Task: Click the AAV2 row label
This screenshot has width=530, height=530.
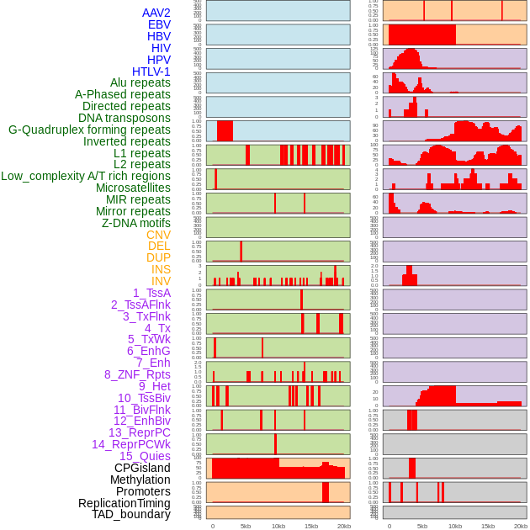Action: [156, 13]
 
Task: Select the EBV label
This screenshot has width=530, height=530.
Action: [159, 24]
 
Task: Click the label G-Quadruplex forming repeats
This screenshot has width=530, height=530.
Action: [89, 130]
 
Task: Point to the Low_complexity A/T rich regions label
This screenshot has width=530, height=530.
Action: [86, 176]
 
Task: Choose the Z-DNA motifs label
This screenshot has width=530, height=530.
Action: [136, 223]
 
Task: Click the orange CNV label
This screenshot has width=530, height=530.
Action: [158, 235]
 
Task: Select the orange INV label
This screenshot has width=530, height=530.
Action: [161, 281]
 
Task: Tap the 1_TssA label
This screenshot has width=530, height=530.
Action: [151, 293]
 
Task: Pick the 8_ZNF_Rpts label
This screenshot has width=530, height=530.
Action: [137, 374]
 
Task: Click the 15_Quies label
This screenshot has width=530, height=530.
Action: [144, 456]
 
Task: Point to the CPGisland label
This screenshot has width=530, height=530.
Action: [142, 468]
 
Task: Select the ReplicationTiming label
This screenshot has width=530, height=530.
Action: [125, 503]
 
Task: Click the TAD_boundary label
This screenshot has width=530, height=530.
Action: [131, 514]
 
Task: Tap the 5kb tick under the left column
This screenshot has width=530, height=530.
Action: [246, 526]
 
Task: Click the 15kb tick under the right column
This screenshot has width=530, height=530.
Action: [488, 526]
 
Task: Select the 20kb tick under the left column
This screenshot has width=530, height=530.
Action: [344, 526]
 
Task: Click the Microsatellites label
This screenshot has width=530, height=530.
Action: [133, 188]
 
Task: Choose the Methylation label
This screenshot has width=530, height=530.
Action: [135, 480]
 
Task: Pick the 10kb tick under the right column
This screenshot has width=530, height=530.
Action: [455, 526]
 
